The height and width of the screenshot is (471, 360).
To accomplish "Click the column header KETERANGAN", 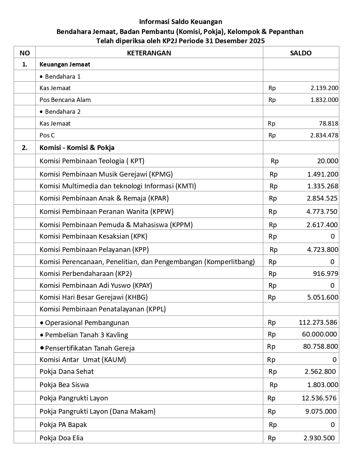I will coord(149,53).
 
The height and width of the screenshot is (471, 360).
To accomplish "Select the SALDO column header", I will coord(301,53).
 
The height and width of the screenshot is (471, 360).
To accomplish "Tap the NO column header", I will coord(25,53).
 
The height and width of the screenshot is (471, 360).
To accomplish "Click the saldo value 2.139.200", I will coord(324,88).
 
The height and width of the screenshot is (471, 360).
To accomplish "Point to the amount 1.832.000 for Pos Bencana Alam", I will coord(324,100).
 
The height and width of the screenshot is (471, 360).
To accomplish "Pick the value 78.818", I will coord(329,123).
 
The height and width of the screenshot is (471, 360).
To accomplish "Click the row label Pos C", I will coord(47,135).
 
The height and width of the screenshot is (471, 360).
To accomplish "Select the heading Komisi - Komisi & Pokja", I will coord(77,148).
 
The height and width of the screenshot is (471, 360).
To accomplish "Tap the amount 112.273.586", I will coord(318,322).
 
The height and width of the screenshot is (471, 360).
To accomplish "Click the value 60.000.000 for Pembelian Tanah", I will coord(319,334).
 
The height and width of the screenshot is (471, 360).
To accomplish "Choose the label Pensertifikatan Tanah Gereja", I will coord(90,348).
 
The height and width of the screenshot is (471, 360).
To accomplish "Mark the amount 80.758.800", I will coord(320,347).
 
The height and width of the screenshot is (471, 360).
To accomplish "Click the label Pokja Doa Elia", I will coord(61,438).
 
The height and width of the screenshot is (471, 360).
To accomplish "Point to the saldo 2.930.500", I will coord(319,438).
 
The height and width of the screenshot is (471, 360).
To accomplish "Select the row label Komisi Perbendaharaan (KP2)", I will coord(86,274).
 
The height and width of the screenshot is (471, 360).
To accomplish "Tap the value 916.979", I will coord(325,274).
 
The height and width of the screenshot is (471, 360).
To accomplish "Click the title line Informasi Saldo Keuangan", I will coord(181,22).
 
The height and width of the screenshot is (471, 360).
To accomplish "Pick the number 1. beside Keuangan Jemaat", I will coord(25,64).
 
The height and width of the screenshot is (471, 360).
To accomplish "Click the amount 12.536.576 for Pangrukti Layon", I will coord(319,398).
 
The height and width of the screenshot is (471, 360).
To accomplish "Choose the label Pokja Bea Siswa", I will coord(64,385).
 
